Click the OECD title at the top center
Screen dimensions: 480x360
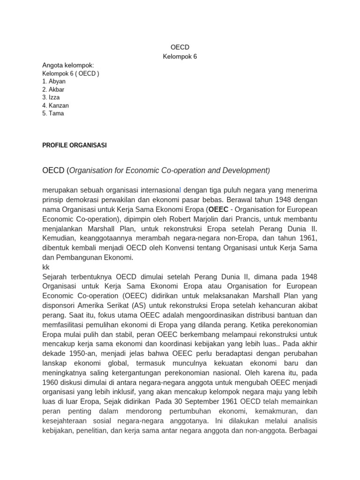pos(180,47)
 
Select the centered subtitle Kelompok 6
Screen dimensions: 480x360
pos(180,57)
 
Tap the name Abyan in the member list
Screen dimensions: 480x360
pos(57,82)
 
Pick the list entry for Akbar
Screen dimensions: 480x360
pos(57,90)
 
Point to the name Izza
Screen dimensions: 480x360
pos(54,97)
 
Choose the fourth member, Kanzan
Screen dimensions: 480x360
pos(59,105)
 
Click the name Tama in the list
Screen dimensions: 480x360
pos(56,113)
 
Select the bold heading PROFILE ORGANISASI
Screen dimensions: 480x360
pos(75,145)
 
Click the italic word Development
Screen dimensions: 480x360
pos(244,171)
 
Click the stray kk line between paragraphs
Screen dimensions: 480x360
pos(46,267)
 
